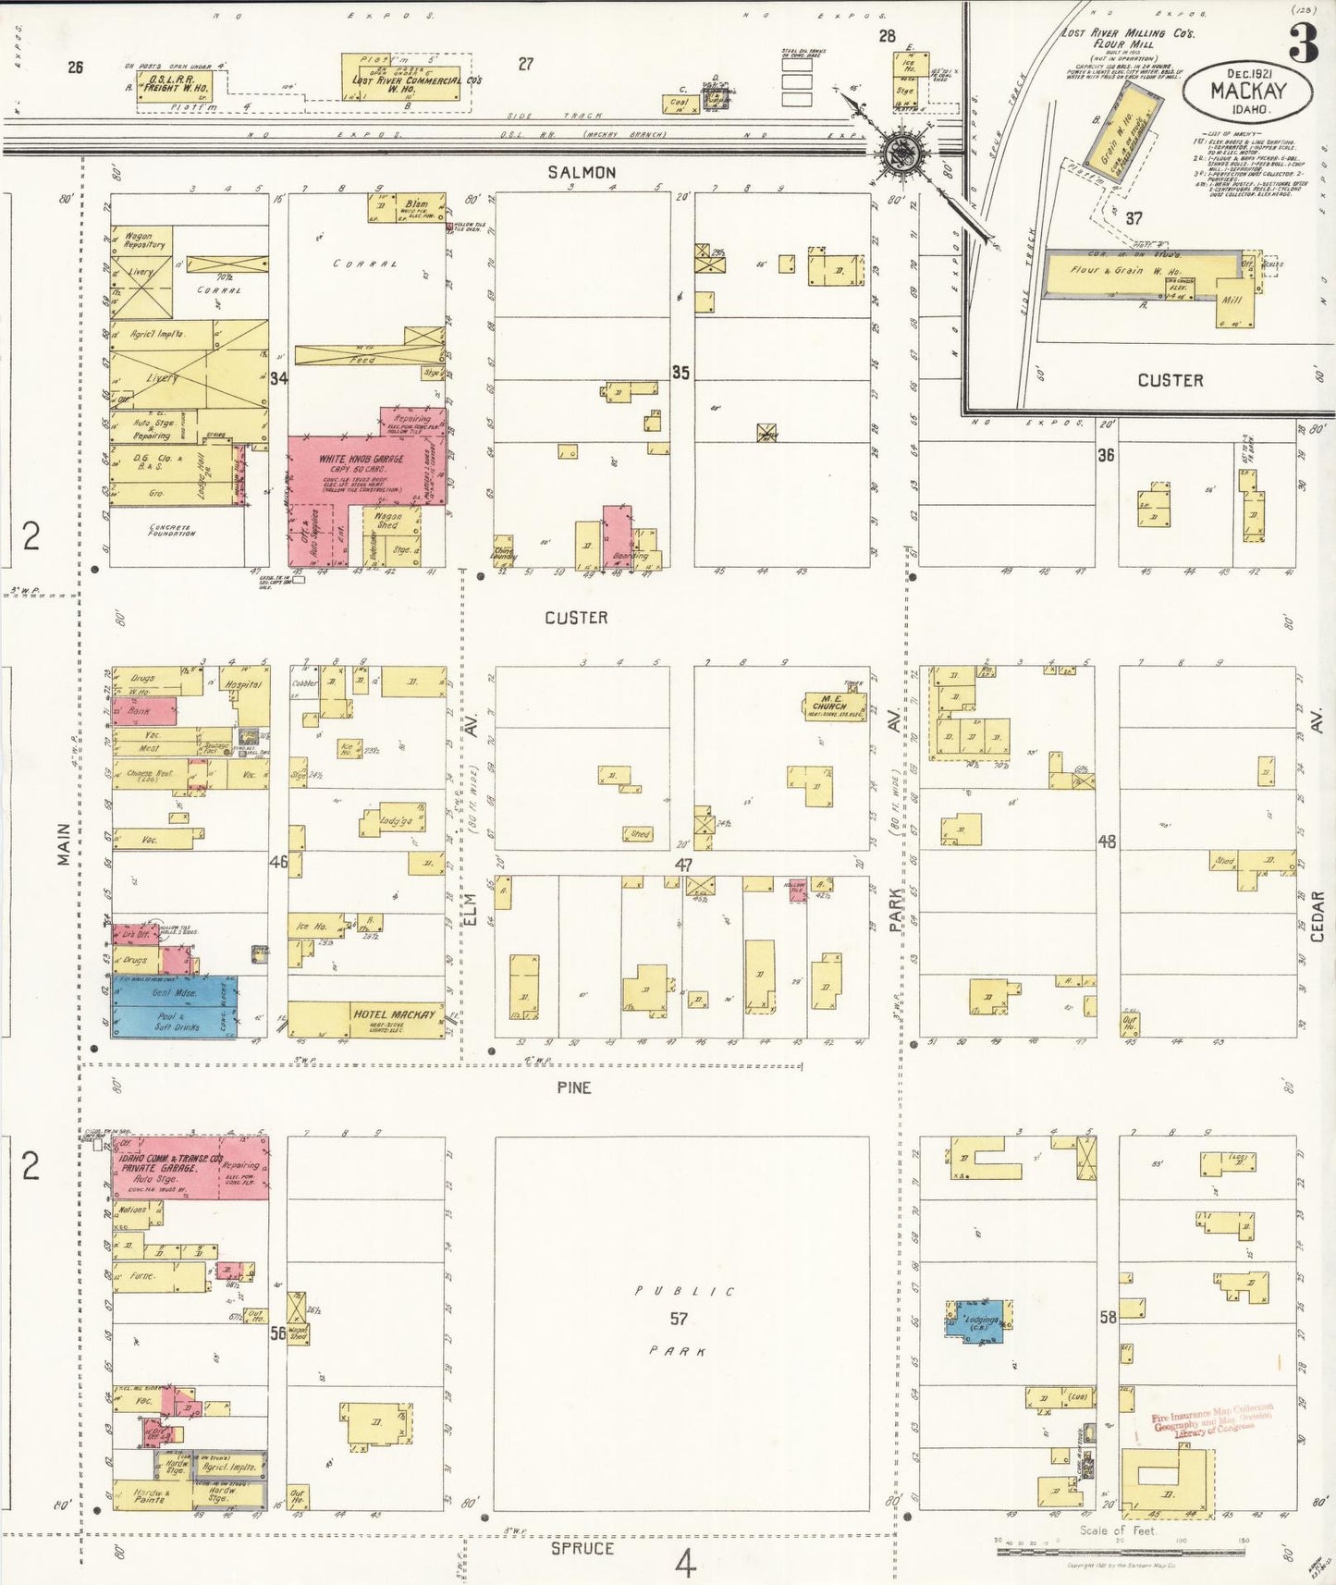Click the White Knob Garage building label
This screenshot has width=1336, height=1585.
tap(361, 460)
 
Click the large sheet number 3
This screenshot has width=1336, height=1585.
tap(1304, 43)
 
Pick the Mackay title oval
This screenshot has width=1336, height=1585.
tap(1247, 91)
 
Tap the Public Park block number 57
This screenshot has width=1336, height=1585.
tap(680, 1319)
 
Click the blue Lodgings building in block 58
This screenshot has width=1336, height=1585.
tap(982, 1321)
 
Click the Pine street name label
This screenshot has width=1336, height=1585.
tap(573, 1087)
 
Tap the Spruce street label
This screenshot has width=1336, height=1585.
tap(582, 1548)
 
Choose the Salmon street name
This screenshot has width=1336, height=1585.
tap(582, 172)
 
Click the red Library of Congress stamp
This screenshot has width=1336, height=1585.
tap(1211, 1421)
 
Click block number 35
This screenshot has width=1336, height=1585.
tap(680, 373)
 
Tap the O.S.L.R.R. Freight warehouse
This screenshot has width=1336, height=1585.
tap(172, 89)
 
